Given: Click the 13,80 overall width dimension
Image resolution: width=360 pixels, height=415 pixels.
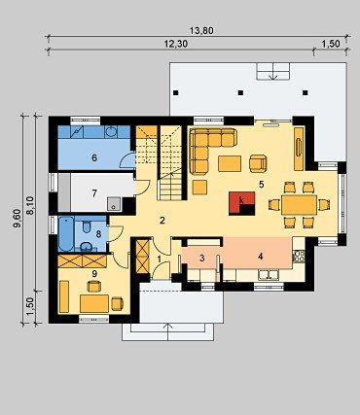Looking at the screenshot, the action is [201, 31].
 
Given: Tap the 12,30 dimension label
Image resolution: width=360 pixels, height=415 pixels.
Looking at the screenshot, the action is [176, 44].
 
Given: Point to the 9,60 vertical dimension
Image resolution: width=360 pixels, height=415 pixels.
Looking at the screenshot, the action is [18, 219].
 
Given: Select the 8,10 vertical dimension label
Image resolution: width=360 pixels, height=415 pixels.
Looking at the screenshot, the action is [30, 206].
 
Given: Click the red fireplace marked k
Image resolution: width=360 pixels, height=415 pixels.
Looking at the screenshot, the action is [241, 203].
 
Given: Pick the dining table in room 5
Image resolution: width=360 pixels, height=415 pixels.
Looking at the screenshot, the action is [299, 205].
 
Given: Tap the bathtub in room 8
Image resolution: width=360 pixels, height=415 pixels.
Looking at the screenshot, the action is [66, 233].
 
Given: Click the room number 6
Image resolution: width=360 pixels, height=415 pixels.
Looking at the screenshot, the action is [94, 158].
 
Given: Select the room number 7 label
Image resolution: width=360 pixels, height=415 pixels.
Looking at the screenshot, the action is [94, 193].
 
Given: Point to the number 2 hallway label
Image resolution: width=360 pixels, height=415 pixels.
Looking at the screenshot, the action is [162, 221].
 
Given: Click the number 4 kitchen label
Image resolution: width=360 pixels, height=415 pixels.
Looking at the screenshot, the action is [260, 257].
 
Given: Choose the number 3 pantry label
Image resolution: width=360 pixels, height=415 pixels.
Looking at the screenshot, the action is [202, 259].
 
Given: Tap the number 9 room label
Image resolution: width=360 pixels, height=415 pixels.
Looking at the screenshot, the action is [94, 274].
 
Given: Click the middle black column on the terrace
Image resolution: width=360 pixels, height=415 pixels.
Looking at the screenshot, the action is [240, 92].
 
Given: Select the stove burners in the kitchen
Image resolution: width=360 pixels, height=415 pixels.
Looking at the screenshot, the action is [299, 256].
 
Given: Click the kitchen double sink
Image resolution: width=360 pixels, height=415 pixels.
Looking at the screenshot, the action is [269, 275].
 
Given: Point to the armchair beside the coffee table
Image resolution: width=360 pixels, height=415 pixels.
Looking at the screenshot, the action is [258, 163].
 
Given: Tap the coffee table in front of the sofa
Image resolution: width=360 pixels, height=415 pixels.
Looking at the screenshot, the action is [230, 163].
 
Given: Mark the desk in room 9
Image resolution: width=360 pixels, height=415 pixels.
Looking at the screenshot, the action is [94, 303].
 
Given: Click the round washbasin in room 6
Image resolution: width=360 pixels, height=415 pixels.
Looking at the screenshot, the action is [111, 131].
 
